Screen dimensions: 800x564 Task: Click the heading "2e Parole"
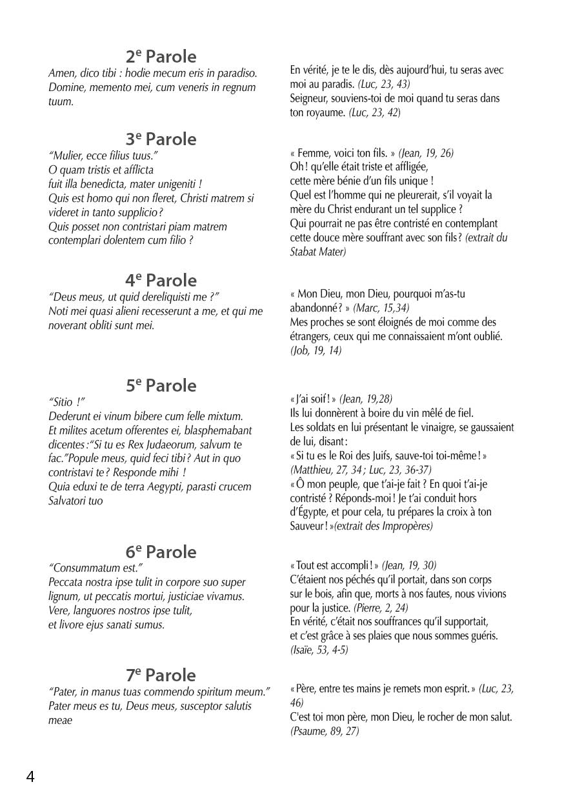pyautogui.click(x=161, y=57)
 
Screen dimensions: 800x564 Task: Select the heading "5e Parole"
pyautogui.click(x=161, y=386)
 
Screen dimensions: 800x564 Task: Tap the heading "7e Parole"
pyautogui.click(x=161, y=675)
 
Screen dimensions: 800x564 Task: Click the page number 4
pyautogui.click(x=30, y=776)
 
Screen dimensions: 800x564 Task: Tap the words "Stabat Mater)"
pyautogui.click(x=318, y=252)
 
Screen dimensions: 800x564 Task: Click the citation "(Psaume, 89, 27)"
pyautogui.click(x=325, y=732)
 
